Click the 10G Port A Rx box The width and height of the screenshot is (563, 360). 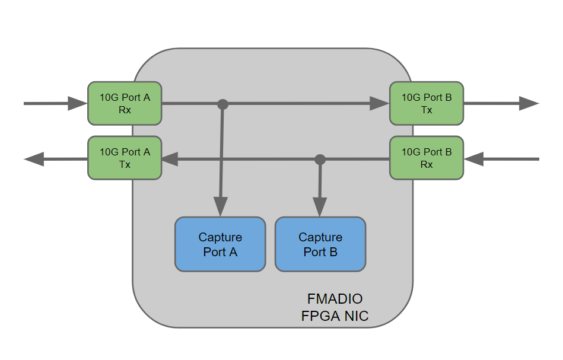[x=125, y=103]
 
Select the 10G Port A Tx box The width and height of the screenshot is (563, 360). [x=125, y=158]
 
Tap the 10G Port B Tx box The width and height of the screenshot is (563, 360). [x=427, y=103]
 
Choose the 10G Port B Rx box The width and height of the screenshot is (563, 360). [x=427, y=158]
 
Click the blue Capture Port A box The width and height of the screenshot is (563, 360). [x=220, y=244]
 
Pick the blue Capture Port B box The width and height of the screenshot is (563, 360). [x=320, y=244]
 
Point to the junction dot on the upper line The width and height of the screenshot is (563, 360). [x=222, y=104]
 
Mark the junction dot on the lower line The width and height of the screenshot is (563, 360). [x=320, y=159]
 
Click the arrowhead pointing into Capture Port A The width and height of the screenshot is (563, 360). [x=220, y=208]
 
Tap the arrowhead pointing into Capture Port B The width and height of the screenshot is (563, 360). [x=320, y=208]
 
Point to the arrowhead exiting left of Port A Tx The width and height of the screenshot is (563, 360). [x=34, y=159]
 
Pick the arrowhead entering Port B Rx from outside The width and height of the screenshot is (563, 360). [x=475, y=159]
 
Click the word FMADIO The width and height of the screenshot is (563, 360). [x=335, y=298]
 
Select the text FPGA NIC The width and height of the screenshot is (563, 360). [x=335, y=316]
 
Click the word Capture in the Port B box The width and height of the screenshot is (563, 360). [x=320, y=237]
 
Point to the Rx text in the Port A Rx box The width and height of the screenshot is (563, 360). [x=125, y=110]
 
